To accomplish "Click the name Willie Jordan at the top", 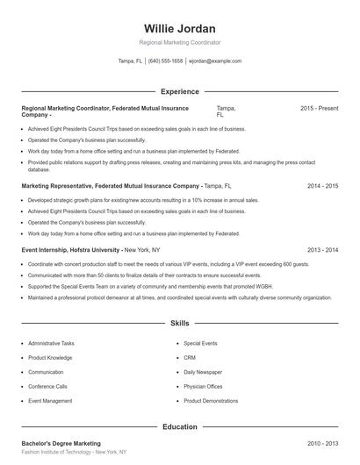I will pyautogui.click(x=179, y=29).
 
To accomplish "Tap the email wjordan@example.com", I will pyautogui.click(x=214, y=61).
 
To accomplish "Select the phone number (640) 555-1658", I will pyautogui.click(x=166, y=61).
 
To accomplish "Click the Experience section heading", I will pyautogui.click(x=179, y=91).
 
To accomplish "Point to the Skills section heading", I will pyautogui.click(x=179, y=323).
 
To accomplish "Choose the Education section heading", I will pyautogui.click(x=179, y=426).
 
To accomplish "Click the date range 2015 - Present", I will pyautogui.click(x=319, y=108).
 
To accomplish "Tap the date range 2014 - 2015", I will pyautogui.click(x=322, y=186).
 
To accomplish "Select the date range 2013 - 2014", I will pyautogui.click(x=322, y=250).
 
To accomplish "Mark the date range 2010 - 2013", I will pyautogui.click(x=322, y=444).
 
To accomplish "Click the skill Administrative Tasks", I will pyautogui.click(x=51, y=343).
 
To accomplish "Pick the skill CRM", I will pyautogui.click(x=190, y=357).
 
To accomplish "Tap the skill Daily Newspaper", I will pyautogui.click(x=203, y=372).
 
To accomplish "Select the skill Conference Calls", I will pyautogui.click(x=47, y=386).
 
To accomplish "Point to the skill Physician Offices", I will pyautogui.click(x=203, y=386).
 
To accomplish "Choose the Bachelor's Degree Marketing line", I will pyautogui.click(x=61, y=444).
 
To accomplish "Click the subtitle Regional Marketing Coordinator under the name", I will pyautogui.click(x=179, y=42).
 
